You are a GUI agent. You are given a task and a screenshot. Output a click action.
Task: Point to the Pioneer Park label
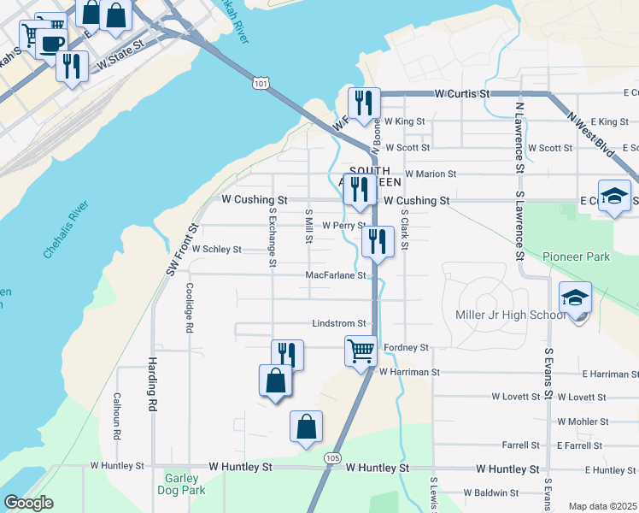(577, 256)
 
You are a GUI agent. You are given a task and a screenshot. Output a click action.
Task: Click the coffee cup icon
(51, 43)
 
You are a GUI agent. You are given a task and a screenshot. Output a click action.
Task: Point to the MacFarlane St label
(337, 275)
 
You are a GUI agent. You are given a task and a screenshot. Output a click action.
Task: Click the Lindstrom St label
(339, 324)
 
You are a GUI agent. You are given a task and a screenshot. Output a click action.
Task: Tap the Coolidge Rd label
(190, 308)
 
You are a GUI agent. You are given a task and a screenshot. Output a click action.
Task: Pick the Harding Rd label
(154, 385)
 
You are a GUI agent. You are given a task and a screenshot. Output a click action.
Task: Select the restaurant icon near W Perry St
(377, 241)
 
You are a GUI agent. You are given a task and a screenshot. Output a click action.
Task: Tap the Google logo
(28, 503)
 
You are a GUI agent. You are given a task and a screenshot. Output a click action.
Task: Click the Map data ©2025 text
(603, 506)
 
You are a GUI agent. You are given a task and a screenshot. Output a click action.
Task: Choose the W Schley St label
(217, 250)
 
